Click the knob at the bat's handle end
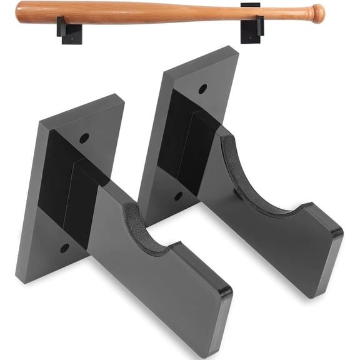click(x=318, y=12)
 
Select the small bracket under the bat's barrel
click(x=69, y=28)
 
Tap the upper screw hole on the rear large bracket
click(x=202, y=89)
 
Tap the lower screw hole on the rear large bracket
click(x=178, y=196)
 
